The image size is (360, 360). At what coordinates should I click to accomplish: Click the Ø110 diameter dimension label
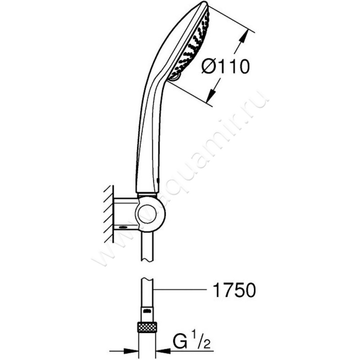(225, 67)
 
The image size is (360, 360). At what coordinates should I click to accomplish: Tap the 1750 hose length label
(234, 290)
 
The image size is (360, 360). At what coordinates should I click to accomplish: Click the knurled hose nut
(147, 327)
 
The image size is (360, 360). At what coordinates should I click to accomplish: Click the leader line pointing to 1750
(180, 290)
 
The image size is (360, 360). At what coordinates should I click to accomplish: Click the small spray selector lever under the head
(175, 77)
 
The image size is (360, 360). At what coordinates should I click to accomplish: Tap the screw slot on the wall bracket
(123, 228)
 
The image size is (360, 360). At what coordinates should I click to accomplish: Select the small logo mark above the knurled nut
(147, 311)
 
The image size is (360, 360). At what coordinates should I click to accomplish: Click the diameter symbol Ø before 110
(208, 67)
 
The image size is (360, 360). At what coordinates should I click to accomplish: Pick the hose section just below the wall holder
(147, 245)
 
